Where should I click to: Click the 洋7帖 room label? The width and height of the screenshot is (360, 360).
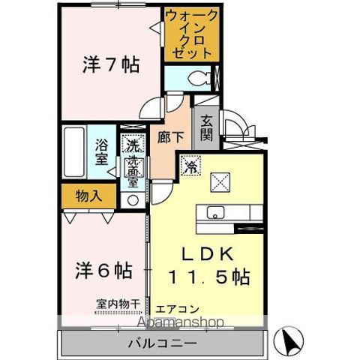pos(110,65)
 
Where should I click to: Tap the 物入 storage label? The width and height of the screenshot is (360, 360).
pos(88,196)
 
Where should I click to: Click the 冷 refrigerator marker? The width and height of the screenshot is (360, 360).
pos(192,165)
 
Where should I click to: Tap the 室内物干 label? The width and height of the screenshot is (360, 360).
pos(118,303)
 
